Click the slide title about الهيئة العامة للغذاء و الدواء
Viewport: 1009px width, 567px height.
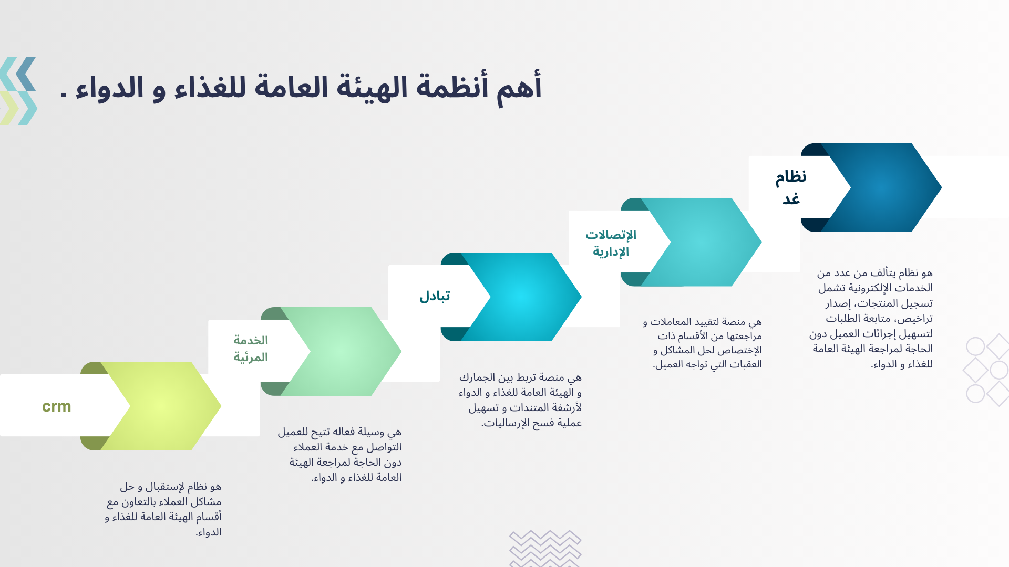click(301, 88)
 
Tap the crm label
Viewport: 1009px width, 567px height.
click(57, 406)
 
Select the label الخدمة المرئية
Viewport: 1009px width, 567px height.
click(251, 349)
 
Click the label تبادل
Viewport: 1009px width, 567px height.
click(435, 296)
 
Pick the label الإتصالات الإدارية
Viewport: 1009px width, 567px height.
click(611, 243)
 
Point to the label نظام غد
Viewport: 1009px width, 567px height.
click(791, 187)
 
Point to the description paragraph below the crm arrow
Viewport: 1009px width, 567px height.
click(163, 509)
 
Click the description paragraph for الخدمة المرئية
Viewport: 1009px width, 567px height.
click(340, 455)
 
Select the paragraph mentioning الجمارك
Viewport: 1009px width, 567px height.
click(520, 400)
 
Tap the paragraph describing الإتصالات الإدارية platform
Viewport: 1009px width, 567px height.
click(703, 343)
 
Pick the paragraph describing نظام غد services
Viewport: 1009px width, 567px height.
click(871, 318)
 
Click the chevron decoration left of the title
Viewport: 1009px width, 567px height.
click(18, 91)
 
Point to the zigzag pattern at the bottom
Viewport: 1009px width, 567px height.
click(545, 549)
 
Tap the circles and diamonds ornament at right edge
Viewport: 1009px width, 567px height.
click(986, 370)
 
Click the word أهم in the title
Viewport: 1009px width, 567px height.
click(519, 88)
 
